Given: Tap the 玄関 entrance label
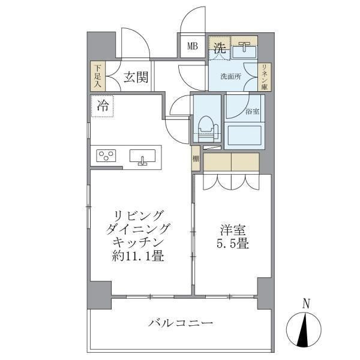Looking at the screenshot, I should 136,77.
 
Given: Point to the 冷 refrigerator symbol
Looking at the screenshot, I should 103,107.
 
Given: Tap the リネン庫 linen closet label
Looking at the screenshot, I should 263,77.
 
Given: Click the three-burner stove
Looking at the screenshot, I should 106,157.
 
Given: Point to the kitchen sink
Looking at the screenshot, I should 143,157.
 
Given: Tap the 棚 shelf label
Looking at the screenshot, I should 196,160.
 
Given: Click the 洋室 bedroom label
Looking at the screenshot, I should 230,230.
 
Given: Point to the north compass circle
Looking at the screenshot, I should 306,331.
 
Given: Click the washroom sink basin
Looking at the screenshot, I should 244,51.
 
